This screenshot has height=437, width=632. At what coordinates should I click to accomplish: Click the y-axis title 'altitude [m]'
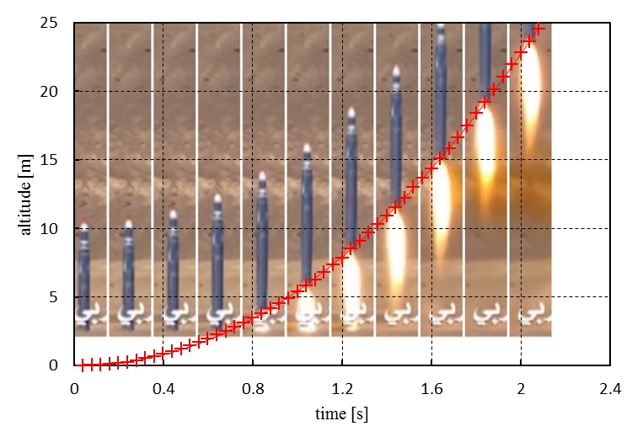(x=30, y=195)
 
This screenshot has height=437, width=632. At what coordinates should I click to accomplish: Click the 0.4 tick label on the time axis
(x=163, y=389)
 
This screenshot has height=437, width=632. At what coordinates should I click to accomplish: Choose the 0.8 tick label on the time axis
(x=253, y=389)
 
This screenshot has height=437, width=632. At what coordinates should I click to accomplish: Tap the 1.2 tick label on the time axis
(x=342, y=389)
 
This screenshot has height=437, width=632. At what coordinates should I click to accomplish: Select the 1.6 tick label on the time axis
(x=431, y=389)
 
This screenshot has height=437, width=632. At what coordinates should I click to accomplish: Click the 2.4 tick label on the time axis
(x=610, y=389)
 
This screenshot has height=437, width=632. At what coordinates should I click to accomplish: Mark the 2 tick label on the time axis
(x=521, y=389)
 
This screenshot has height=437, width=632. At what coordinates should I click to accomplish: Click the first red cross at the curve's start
(x=83, y=365)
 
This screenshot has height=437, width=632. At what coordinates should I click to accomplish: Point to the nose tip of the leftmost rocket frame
(x=84, y=225)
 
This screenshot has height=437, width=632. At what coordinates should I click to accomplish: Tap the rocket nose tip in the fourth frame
(x=217, y=198)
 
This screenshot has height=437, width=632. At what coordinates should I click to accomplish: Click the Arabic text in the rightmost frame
(x=531, y=315)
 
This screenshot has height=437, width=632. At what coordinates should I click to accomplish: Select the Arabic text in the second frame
(x=129, y=315)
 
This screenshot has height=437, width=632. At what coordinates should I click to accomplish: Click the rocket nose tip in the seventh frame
(x=351, y=110)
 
